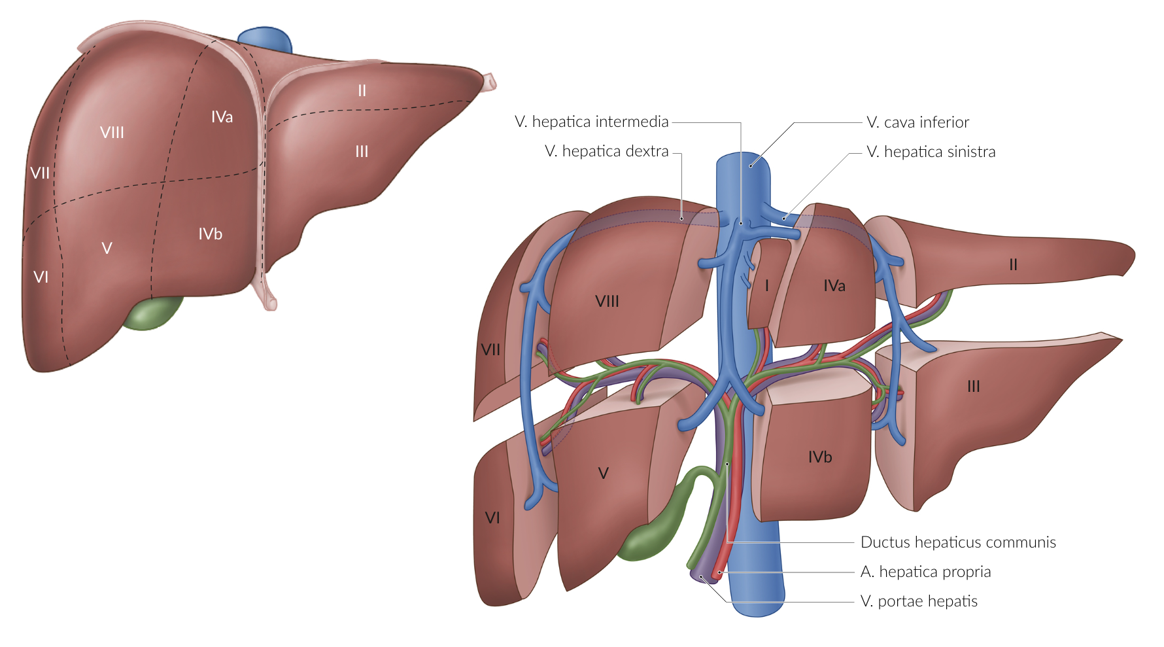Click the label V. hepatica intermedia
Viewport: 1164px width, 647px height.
pos(591,122)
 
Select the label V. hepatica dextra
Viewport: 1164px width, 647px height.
pos(606,151)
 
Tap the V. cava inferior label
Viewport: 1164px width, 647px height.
pos(917,122)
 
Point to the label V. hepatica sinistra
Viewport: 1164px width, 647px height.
pos(931,152)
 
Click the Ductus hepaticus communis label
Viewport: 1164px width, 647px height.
pos(958,542)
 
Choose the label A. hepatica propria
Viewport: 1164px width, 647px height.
pos(925,572)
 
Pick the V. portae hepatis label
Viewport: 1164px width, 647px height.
pos(919,601)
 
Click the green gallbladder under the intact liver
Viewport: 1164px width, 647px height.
pos(153,313)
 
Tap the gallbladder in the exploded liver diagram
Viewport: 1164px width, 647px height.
pos(660,523)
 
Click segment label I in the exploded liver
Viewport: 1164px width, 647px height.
pos(766,286)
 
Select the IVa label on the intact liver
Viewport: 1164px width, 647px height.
pos(222,117)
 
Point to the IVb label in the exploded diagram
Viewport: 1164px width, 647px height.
pos(820,457)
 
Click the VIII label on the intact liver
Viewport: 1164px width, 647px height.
pos(112,133)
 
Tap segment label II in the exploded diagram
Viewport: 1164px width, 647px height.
pos(1013,265)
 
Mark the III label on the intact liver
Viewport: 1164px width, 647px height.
pos(362,152)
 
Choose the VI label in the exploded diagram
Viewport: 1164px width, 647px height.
pos(492,518)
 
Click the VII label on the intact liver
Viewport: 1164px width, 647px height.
pos(40,173)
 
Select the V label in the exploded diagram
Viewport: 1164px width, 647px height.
pos(603,473)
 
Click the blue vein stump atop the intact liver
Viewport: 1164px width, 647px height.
pos(265,39)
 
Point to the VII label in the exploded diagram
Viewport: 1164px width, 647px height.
pos(490,350)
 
